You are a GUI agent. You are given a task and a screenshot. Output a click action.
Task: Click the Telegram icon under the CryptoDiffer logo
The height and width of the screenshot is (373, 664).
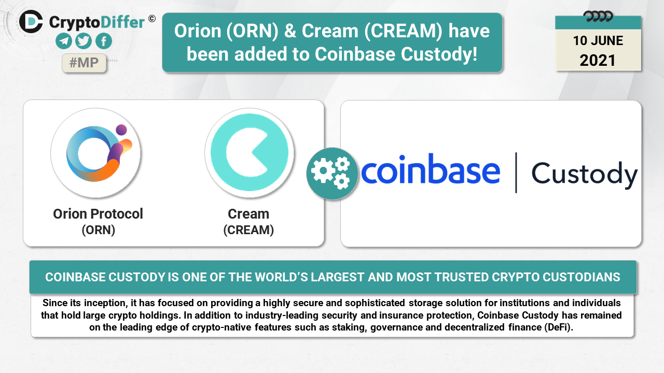click(x=64, y=41)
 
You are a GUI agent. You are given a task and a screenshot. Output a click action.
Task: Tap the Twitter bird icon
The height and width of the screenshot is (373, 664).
click(x=84, y=41)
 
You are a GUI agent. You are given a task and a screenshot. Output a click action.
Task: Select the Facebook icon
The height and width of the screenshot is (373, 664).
click(x=104, y=41)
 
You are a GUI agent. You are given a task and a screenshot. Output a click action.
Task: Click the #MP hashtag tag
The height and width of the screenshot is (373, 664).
click(x=84, y=63)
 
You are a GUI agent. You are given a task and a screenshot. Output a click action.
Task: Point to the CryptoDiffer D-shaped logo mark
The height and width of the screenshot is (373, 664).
click(x=31, y=21)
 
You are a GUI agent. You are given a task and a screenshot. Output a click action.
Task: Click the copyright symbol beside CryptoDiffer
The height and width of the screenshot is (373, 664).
click(x=152, y=19)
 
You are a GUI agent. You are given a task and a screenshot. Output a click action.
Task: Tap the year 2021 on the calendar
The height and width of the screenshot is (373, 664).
click(x=598, y=61)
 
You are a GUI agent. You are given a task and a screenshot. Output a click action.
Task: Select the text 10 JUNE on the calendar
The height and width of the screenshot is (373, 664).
click(x=598, y=40)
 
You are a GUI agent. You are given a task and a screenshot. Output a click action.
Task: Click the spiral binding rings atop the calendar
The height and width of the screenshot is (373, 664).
click(x=598, y=16)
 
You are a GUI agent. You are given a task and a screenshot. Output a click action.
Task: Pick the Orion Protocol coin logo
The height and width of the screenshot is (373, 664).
click(x=96, y=153)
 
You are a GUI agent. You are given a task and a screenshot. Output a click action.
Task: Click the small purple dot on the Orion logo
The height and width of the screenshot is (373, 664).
click(x=121, y=130)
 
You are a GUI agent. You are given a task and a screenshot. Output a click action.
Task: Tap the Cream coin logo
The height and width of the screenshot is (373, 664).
click(x=250, y=153)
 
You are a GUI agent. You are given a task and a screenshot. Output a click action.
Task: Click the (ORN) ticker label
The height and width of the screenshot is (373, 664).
click(x=99, y=230)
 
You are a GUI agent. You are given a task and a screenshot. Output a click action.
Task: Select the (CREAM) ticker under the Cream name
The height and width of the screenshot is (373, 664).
click(x=248, y=230)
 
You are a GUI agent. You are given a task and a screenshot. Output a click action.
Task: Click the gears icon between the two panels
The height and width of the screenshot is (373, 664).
click(x=332, y=174)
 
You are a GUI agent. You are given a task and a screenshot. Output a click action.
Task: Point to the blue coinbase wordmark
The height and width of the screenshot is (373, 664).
click(x=431, y=169)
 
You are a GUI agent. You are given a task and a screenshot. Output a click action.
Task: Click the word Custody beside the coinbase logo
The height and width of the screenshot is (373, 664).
click(x=584, y=175)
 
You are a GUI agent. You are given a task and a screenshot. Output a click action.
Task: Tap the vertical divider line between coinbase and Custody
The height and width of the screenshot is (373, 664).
click(x=516, y=173)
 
